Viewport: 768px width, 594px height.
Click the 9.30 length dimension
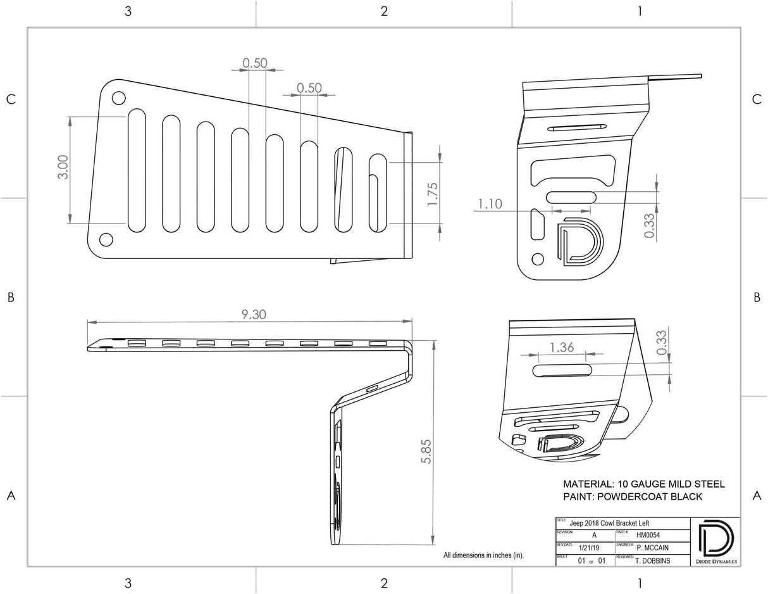pyautogui.click(x=253, y=314)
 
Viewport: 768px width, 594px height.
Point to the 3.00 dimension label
pyautogui.click(x=63, y=167)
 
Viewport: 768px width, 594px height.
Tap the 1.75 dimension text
pyautogui.click(x=433, y=194)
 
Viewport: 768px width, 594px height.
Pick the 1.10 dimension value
pyautogui.click(x=490, y=204)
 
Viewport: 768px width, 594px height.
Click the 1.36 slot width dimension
pyautogui.click(x=562, y=347)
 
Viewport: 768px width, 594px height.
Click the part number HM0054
pyautogui.click(x=648, y=534)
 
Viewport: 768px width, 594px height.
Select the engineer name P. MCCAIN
pyautogui.click(x=654, y=548)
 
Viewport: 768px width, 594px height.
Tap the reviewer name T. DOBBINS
pyautogui.click(x=654, y=560)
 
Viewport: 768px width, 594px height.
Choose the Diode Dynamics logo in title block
pyautogui.click(x=715, y=541)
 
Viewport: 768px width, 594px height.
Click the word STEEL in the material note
pyautogui.click(x=705, y=484)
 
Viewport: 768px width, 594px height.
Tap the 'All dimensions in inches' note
pyautogui.click(x=483, y=555)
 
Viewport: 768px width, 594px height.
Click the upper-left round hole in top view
pyautogui.click(x=118, y=98)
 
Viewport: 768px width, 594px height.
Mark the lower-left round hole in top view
pyautogui.click(x=106, y=239)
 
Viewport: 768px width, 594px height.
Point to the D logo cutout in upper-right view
pyautogui.click(x=578, y=241)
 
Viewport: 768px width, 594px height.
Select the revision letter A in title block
pyautogui.click(x=593, y=535)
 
